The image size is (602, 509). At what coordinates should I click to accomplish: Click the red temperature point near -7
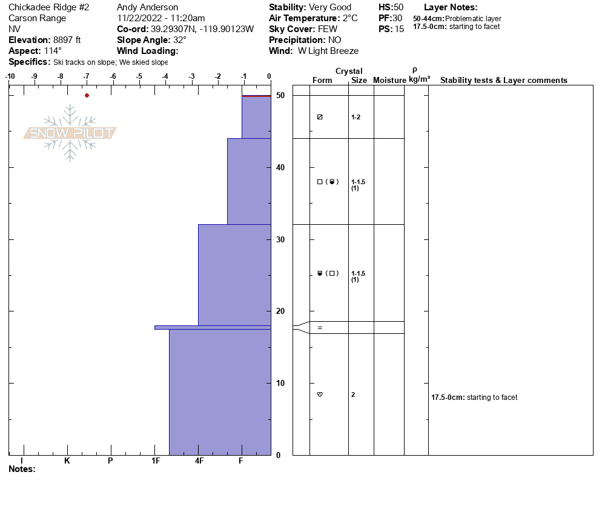[87, 95]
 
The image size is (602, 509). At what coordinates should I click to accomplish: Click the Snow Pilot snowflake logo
[70, 133]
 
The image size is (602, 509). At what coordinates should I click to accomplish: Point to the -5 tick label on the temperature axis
[139, 76]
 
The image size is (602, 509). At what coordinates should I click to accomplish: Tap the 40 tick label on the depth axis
[280, 167]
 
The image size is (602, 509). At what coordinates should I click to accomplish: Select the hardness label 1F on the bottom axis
[156, 461]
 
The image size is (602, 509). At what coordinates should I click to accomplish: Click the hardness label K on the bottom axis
[67, 461]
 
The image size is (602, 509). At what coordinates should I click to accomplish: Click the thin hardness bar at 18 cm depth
[212, 327]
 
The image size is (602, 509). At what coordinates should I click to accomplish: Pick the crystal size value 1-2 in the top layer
[356, 117]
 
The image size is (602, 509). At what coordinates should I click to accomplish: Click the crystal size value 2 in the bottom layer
[353, 394]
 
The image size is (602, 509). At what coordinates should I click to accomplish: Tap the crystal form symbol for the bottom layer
[320, 394]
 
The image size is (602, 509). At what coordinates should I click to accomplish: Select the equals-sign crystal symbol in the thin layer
[320, 328]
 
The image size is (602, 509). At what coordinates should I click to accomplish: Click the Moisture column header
[389, 81]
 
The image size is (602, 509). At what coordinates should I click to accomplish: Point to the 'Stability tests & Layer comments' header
[503, 81]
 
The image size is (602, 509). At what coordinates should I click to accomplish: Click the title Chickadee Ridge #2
[49, 7]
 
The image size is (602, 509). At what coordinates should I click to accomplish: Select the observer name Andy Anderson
[147, 7]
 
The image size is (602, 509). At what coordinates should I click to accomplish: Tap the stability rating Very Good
[329, 7]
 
